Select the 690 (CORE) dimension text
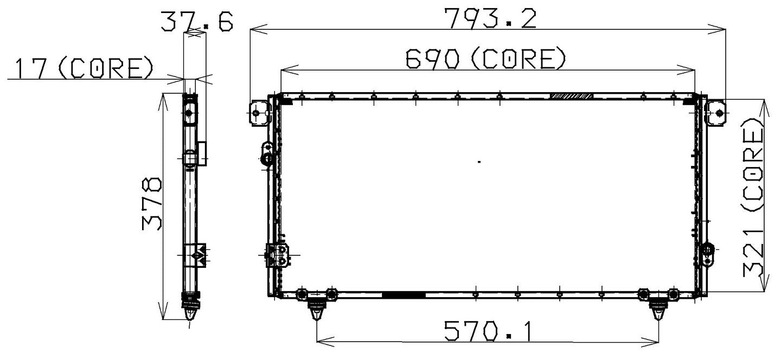tap(486, 59)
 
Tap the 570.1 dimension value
tap(487, 331)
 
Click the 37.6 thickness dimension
tap(196, 22)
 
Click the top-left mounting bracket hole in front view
tap(256, 113)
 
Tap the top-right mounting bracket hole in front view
tap(719, 113)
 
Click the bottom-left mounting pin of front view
tap(316, 311)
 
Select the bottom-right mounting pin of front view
tap(658, 311)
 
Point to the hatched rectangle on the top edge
tap(571, 96)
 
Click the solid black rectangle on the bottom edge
tap(404, 294)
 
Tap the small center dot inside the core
tap(479, 162)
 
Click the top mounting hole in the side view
tap(189, 113)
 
